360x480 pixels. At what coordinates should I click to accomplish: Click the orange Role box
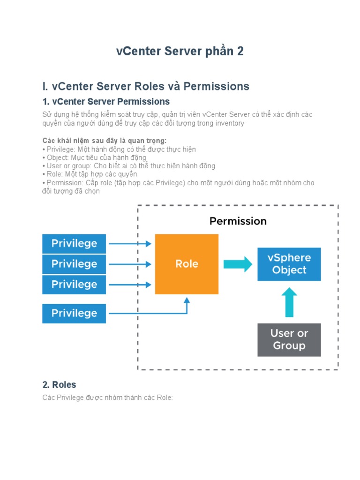(187, 264)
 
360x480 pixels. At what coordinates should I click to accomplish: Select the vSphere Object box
(289, 264)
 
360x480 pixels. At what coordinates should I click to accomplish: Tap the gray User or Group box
(289, 340)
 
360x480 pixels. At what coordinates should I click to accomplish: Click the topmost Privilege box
(74, 243)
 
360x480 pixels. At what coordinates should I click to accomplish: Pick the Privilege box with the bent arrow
(74, 313)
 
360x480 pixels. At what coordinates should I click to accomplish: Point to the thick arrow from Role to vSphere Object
(238, 264)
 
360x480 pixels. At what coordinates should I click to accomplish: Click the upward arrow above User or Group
(289, 302)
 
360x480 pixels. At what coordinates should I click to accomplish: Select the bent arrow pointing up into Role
(187, 307)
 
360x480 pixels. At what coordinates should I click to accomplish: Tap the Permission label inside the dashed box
(238, 221)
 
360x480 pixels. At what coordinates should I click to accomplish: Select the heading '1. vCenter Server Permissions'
(106, 102)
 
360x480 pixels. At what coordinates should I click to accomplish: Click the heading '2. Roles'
(59, 385)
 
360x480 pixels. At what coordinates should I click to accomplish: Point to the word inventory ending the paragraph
(227, 123)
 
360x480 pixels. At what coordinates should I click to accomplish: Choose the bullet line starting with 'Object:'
(94, 157)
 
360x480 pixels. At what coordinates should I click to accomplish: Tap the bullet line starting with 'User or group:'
(129, 166)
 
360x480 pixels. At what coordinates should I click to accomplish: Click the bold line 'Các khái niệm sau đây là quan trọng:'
(105, 141)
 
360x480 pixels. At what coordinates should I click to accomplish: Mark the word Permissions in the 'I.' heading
(216, 86)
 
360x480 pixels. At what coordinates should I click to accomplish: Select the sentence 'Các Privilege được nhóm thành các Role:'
(108, 397)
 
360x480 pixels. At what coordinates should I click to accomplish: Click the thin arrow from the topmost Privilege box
(130, 243)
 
